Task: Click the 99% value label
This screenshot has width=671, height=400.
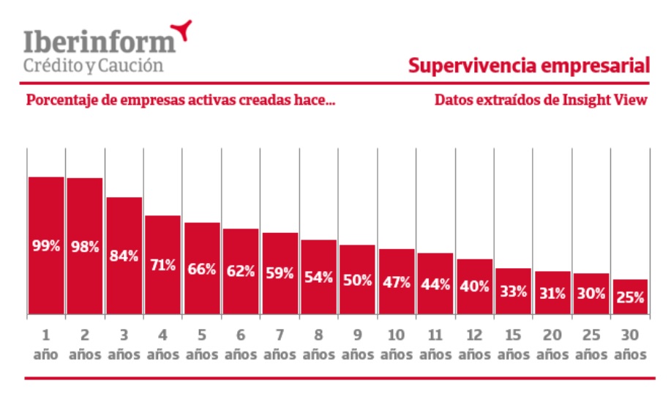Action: coord(46,246)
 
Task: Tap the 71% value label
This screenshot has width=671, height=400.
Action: coord(163,264)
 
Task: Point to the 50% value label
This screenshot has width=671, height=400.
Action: coord(358,279)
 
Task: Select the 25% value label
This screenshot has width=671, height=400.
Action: coord(630,297)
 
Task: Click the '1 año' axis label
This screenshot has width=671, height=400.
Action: coord(45,345)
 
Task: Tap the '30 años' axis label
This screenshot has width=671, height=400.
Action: coord(630,345)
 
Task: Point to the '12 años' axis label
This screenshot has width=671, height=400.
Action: coord(474,345)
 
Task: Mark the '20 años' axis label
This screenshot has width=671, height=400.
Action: coord(552,345)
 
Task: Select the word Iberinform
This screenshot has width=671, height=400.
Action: coord(100,41)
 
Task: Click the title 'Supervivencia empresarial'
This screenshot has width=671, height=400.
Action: coord(529,66)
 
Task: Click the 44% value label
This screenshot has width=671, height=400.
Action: coord(435,286)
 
